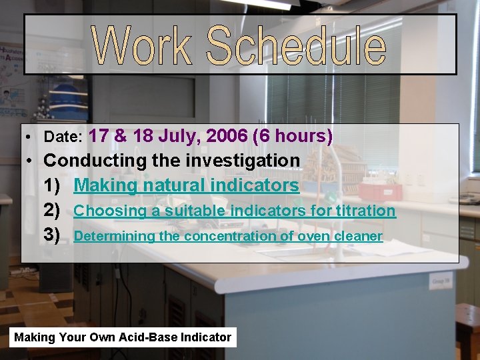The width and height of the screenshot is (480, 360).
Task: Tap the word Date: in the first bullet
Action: pos(63,137)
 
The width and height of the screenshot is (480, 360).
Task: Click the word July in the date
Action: pos(179,136)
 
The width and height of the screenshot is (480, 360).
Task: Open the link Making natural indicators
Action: pos(186,185)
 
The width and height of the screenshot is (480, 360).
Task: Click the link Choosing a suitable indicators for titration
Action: pos(234,211)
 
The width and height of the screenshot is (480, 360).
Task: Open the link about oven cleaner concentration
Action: pos(227,236)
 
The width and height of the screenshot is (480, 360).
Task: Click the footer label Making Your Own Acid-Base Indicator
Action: pos(123,337)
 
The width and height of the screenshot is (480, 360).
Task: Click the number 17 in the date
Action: pos(99,136)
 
